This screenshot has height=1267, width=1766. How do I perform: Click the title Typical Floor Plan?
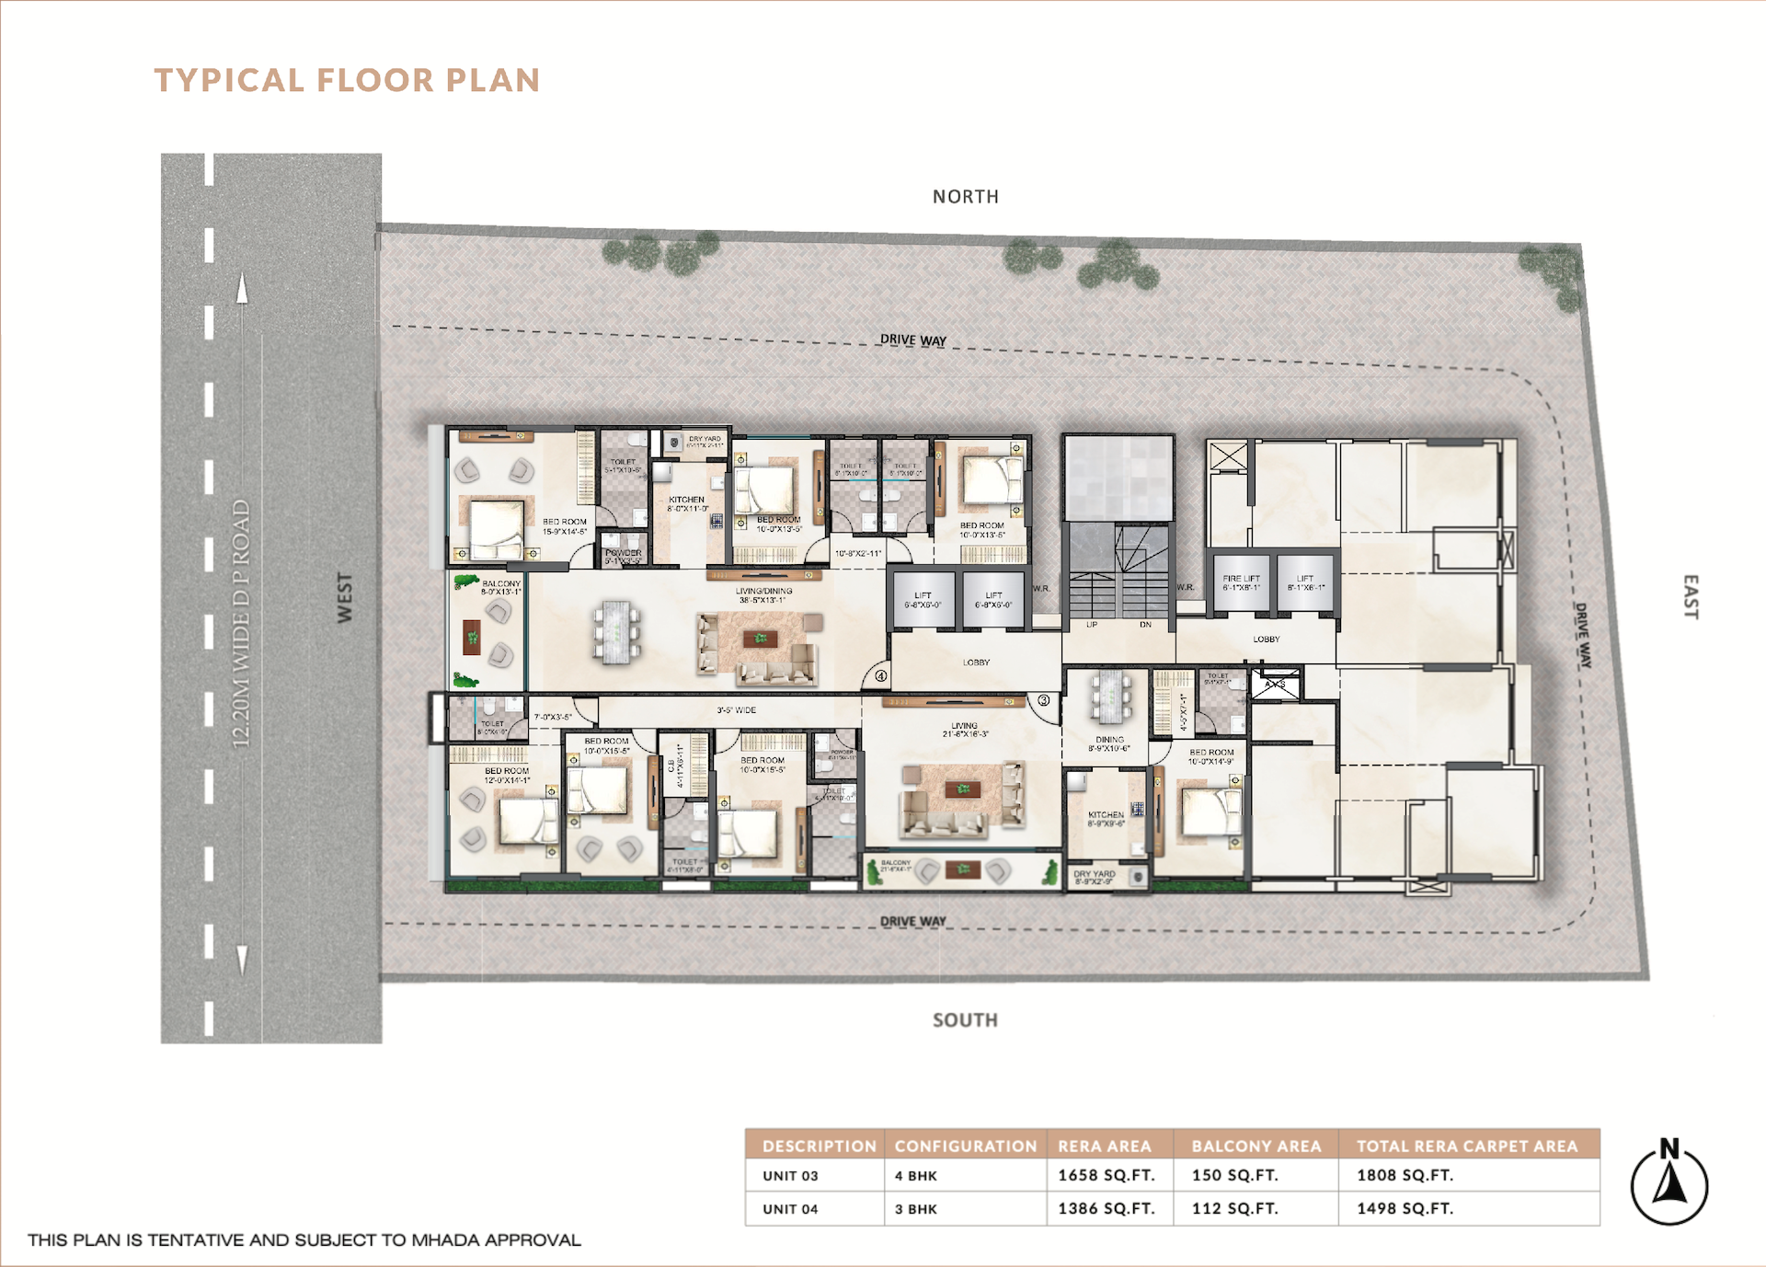(347, 80)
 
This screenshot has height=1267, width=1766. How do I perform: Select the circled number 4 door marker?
(881, 676)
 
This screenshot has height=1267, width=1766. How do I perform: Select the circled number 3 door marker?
(1044, 701)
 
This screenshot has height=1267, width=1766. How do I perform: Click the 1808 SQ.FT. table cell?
(1405, 1175)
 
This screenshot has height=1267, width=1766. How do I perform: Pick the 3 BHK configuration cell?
(916, 1209)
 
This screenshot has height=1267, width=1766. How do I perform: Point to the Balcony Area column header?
(1256, 1146)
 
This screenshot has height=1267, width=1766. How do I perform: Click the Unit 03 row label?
(790, 1176)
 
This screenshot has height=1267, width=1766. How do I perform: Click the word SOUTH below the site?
(965, 1019)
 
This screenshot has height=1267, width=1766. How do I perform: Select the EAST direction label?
(1691, 597)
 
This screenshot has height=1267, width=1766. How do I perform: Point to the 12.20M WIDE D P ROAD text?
(241, 623)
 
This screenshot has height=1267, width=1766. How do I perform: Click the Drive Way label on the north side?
(912, 340)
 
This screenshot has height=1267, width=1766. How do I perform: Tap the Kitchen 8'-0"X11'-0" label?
(686, 503)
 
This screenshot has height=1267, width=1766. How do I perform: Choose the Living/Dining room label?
(763, 595)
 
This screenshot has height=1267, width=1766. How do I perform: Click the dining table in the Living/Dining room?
(615, 631)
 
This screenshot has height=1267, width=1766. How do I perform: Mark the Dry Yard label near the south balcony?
(1094, 877)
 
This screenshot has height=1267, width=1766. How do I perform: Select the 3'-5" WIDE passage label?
(736, 710)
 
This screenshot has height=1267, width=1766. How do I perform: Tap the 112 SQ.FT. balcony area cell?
(1234, 1208)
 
